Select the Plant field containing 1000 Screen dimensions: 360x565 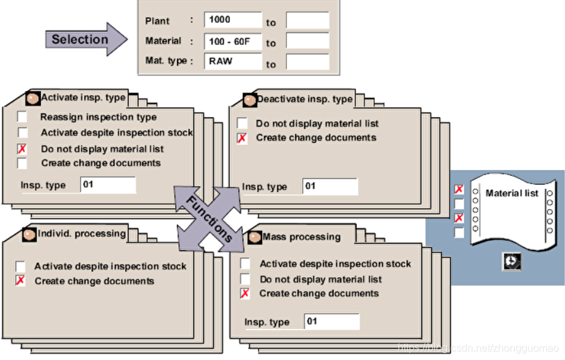232,20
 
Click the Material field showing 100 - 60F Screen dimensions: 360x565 232,42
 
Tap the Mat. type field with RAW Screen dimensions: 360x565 232,62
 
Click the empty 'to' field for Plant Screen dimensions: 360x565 307,21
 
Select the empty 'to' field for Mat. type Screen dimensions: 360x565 307,62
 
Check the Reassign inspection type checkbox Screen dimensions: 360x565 22,117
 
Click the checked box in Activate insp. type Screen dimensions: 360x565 22,148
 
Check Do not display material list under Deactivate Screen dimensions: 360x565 242,123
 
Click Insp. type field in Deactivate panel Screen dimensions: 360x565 329,186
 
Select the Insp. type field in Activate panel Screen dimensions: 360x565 107,184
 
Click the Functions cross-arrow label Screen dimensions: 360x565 210,218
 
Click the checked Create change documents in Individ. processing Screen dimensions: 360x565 21,281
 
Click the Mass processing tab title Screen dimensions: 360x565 301,237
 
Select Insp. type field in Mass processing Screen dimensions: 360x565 331,322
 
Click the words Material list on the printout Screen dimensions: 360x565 512,193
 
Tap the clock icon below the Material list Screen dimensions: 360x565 512,261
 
